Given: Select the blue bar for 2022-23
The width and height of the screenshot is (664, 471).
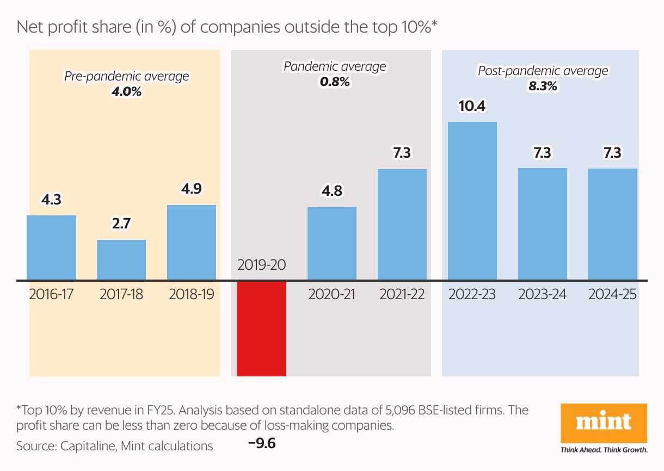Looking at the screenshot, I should (472, 201).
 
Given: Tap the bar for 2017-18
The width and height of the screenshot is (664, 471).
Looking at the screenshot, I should (121, 260).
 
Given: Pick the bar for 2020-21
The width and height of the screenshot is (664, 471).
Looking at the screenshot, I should (332, 244).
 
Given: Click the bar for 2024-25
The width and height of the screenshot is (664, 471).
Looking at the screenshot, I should (612, 224).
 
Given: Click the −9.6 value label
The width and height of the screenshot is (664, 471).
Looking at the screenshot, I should (262, 444).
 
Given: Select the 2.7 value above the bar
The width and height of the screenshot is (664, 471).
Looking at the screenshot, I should (121, 224).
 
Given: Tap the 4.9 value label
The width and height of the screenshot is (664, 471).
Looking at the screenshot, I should (192, 189).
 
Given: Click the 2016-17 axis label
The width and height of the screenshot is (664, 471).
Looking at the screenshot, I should (51, 294).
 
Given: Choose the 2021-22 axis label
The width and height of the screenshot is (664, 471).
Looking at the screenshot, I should (402, 294).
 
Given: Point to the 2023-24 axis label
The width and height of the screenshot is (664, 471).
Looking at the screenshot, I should (542, 294).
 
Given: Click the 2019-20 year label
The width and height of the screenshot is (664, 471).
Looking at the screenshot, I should (262, 265).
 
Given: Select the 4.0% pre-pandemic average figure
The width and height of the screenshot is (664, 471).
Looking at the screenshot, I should (126, 91).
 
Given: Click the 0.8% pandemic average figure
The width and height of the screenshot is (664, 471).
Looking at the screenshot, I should (335, 82).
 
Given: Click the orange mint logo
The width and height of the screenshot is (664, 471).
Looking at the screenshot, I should (604, 423).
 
